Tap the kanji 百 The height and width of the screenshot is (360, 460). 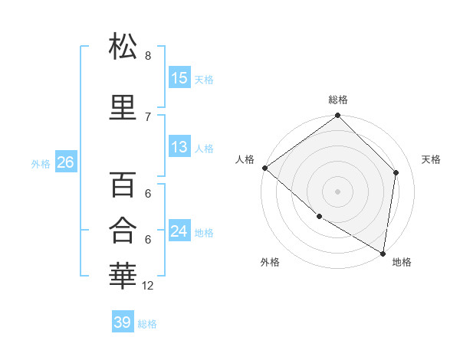click(x=123, y=185)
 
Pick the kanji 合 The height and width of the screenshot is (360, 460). click(x=123, y=229)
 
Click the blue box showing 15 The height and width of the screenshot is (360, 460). click(x=179, y=77)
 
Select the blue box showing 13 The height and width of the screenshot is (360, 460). click(x=179, y=147)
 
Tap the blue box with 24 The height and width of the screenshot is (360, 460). click(x=179, y=231)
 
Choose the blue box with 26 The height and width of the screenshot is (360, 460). click(x=65, y=162)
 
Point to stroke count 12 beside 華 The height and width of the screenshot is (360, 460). click(x=148, y=286)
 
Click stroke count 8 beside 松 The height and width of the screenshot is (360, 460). click(x=148, y=56)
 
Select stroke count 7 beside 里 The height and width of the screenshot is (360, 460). click(x=148, y=116)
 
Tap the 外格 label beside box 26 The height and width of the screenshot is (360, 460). click(x=41, y=163)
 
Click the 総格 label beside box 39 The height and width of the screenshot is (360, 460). click(x=147, y=324)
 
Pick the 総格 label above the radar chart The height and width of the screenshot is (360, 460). click(x=338, y=100)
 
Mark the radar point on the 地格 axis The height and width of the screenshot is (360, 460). click(x=383, y=253)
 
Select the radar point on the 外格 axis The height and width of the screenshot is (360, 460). click(x=319, y=217)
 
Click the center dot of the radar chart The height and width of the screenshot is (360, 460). click(x=338, y=191)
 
